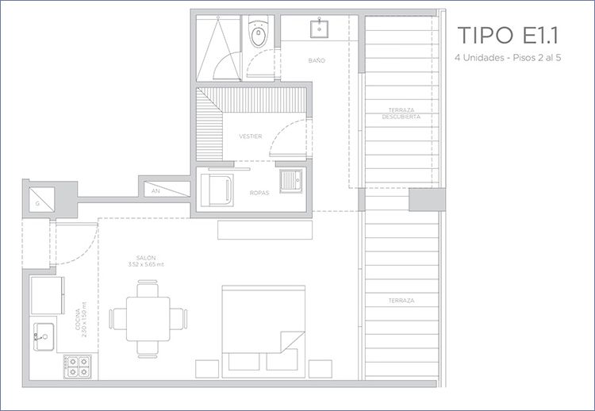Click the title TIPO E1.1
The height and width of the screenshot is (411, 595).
tap(508, 35)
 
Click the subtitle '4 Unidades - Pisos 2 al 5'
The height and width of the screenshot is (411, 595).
tap(508, 58)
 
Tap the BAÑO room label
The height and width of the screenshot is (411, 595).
tap(317, 60)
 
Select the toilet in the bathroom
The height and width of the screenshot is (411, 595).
tap(258, 32)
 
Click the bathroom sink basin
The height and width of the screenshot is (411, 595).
tap(320, 29)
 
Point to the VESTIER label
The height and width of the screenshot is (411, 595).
tap(251, 136)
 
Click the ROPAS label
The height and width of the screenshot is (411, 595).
tap(259, 193)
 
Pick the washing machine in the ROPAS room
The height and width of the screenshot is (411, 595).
tap(217, 190)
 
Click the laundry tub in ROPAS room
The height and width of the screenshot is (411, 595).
tap(291, 181)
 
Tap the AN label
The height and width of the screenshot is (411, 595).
tap(155, 191)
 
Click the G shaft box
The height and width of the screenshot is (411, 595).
tap(42, 200)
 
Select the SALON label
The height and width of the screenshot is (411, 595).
tap(146, 258)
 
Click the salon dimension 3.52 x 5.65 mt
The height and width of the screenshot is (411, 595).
tap(146, 264)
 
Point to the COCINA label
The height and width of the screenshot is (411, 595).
tap(78, 320)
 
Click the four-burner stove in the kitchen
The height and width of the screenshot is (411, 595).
tap(78, 367)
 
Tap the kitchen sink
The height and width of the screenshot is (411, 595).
tap(44, 336)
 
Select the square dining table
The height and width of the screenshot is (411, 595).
tap(148, 319)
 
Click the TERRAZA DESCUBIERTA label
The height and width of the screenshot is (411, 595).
tap(401, 113)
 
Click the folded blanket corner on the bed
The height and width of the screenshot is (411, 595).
tap(292, 341)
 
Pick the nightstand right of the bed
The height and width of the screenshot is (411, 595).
tap(321, 369)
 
